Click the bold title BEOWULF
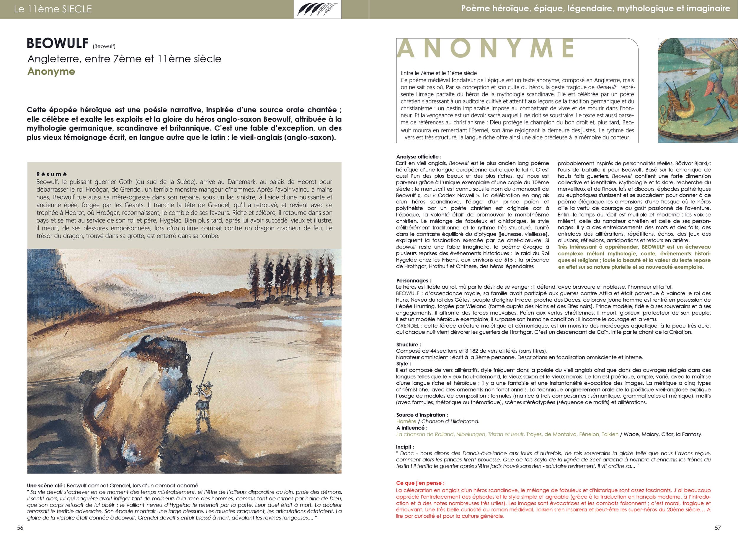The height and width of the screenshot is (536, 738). point(58,43)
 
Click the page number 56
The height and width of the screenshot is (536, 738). point(20,528)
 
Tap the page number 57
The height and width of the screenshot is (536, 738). point(718,528)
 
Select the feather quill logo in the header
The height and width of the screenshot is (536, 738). point(317,9)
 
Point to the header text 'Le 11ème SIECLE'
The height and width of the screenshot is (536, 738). point(53,9)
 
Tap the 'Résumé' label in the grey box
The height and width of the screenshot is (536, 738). point(52,174)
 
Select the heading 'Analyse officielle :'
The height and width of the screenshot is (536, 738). point(419,157)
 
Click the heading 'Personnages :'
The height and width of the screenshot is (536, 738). point(413,280)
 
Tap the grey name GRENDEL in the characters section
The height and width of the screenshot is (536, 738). point(407,326)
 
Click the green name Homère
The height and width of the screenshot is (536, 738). point(406,421)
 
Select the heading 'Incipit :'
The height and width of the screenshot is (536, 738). point(405,447)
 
